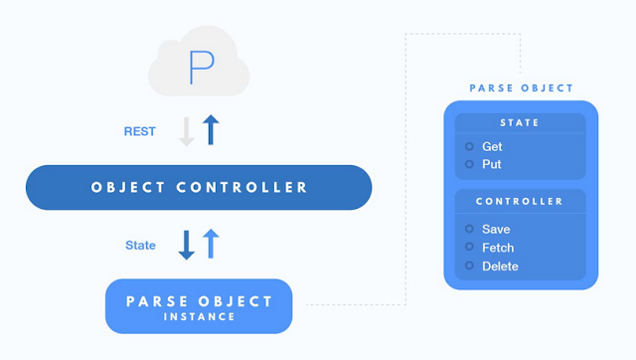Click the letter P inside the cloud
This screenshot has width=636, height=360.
(x=201, y=68)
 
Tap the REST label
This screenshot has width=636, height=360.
(x=139, y=131)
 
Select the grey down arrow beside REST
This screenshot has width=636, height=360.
(x=187, y=131)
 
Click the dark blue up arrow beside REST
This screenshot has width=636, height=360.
(x=211, y=130)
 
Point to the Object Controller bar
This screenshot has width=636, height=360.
(x=199, y=187)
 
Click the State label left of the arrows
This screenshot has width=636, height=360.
(x=140, y=246)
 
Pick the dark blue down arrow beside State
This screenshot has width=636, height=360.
(x=187, y=246)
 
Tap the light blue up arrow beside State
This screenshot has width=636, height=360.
(x=211, y=244)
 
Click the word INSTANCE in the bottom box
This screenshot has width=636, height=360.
(x=199, y=316)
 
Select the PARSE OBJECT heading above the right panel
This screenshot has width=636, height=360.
(x=521, y=89)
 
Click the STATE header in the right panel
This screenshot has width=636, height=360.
(x=520, y=122)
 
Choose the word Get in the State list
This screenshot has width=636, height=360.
(x=492, y=146)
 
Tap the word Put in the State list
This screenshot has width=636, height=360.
(x=492, y=164)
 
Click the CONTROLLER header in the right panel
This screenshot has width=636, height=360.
(x=519, y=201)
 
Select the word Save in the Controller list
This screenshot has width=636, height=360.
(x=496, y=230)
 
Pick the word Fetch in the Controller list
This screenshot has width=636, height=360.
(x=498, y=248)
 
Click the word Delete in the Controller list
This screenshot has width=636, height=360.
(x=500, y=267)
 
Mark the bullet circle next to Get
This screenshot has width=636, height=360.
(x=469, y=146)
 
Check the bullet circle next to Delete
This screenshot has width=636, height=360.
(x=469, y=266)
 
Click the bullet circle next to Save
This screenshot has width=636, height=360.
(x=469, y=229)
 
